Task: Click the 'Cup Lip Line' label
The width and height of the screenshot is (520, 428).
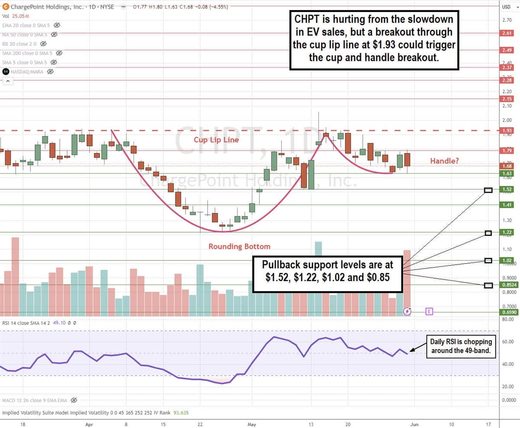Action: [x=216, y=140]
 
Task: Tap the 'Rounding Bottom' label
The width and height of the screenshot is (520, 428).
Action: [x=239, y=246]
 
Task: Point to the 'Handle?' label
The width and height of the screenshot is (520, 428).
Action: [x=445, y=161]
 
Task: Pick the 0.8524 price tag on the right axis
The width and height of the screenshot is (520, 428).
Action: [x=508, y=285]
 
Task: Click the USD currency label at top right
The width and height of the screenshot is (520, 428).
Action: [x=506, y=6]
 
